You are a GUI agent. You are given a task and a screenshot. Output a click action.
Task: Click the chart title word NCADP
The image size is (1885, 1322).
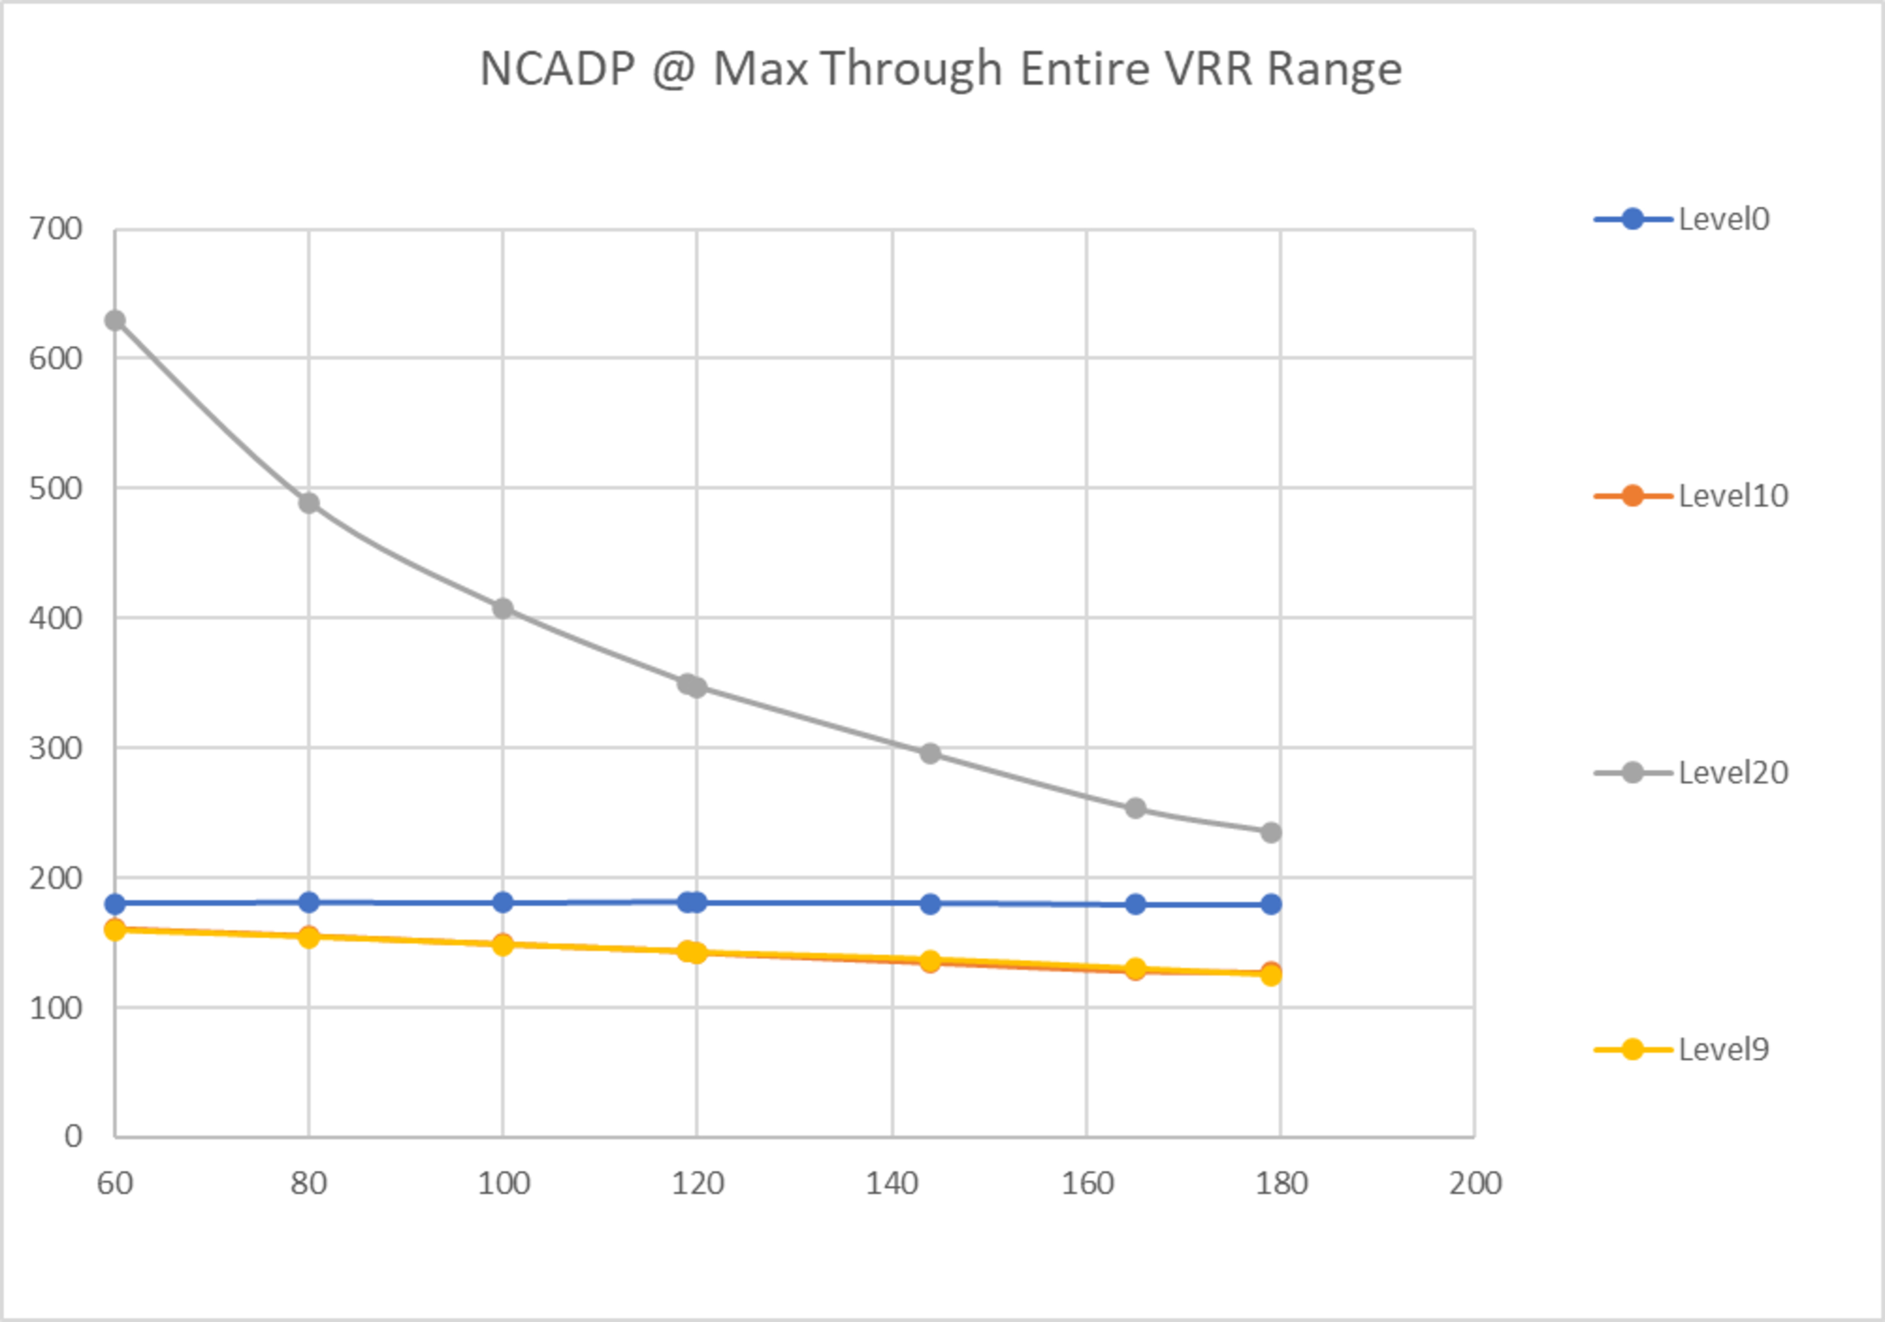(557, 69)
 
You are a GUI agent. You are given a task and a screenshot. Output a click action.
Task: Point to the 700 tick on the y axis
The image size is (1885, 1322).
(56, 229)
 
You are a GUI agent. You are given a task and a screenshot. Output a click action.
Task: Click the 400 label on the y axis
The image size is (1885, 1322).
(56, 619)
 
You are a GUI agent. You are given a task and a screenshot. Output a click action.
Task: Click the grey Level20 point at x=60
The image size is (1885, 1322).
(115, 320)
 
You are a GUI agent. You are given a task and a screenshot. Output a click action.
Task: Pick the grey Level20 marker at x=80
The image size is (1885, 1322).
(309, 503)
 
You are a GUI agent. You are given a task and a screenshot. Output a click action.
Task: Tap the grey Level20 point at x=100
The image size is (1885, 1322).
(503, 608)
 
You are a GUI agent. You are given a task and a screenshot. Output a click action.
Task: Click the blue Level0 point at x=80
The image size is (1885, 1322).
(309, 902)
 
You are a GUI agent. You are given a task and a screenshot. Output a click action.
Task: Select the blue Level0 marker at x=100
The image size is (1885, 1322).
(503, 902)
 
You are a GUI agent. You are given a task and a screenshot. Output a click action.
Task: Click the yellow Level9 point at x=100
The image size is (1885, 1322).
(503, 945)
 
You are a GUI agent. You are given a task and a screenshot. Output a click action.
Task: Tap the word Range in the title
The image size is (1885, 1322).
(1334, 69)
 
